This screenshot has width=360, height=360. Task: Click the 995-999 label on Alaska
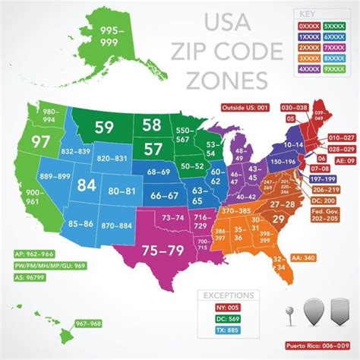[x=106, y=36]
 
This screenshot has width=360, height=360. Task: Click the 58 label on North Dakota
[x=151, y=125]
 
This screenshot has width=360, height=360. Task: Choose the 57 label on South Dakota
[x=153, y=148]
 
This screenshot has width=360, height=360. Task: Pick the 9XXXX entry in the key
[x=336, y=68]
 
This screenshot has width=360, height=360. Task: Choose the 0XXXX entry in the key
[x=308, y=25]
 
